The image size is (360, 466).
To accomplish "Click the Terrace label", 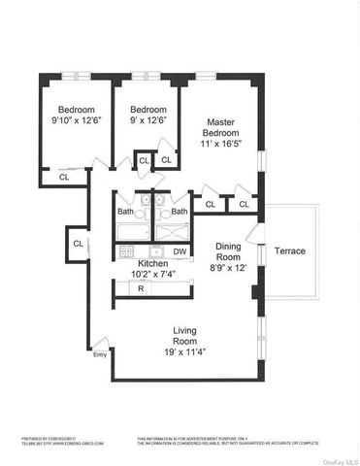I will pos(289,250).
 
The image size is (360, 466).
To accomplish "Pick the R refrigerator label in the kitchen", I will pos(141,288).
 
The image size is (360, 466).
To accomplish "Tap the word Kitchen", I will pos(153,263).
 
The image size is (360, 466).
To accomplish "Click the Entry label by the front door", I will pos(100,354).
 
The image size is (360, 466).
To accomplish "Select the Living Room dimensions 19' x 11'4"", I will pos(183,351).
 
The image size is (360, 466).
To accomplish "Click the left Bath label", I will pos(126,212).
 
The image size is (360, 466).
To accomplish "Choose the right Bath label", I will pos(179,212).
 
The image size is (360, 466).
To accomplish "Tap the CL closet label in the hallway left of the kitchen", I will pos(78,243).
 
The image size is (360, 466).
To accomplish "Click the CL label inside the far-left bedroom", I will pos(64,177).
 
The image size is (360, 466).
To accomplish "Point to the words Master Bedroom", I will pos(220,127).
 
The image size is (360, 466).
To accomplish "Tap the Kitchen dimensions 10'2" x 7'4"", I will pos(153,275).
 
